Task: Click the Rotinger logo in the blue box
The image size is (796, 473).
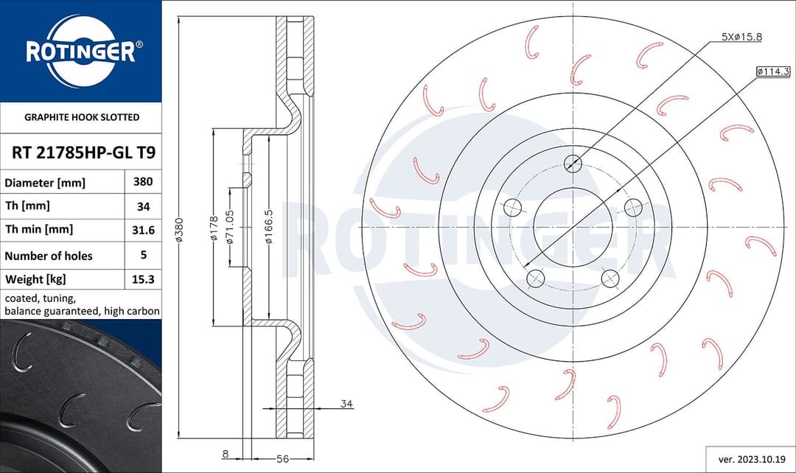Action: (x=80, y=51)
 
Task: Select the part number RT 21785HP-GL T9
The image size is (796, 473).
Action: (x=83, y=153)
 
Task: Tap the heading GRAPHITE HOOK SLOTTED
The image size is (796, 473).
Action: (x=82, y=117)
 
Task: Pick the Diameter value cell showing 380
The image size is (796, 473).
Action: (x=143, y=181)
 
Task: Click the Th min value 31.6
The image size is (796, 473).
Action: (x=143, y=230)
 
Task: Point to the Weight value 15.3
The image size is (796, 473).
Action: (x=143, y=279)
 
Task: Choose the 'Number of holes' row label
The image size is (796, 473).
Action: (x=49, y=256)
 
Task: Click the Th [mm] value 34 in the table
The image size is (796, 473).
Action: (x=143, y=207)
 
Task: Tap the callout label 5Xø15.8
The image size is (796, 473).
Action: (x=741, y=37)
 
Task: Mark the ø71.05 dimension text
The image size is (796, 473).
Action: (x=230, y=228)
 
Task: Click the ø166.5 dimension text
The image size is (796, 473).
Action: (x=270, y=228)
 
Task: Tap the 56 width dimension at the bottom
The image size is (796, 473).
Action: (x=282, y=459)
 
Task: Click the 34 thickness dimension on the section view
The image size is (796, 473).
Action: (x=346, y=404)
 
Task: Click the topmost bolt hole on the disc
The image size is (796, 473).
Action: (x=572, y=164)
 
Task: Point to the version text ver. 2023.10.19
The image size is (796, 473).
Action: (x=750, y=458)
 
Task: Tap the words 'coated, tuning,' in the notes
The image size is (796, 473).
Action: (x=40, y=298)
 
